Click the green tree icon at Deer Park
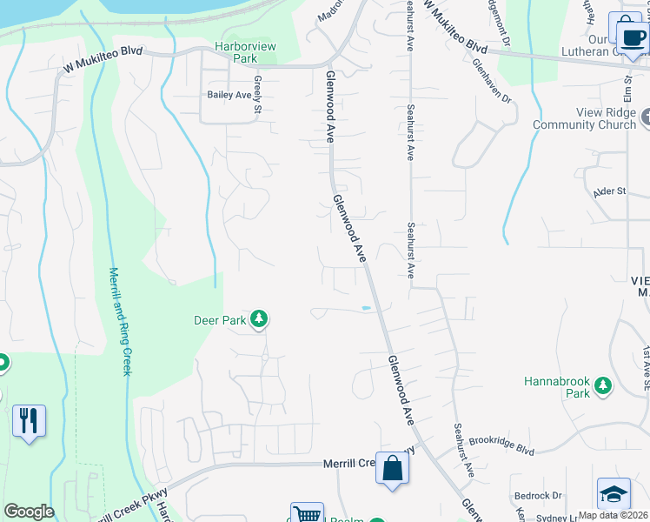click(258, 320)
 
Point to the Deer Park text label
click(220, 320)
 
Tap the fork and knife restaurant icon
click(29, 421)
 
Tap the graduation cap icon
click(614, 493)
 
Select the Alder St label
click(609, 191)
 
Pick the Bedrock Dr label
click(539, 496)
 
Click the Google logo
click(29, 512)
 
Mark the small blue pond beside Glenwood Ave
click(366, 307)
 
